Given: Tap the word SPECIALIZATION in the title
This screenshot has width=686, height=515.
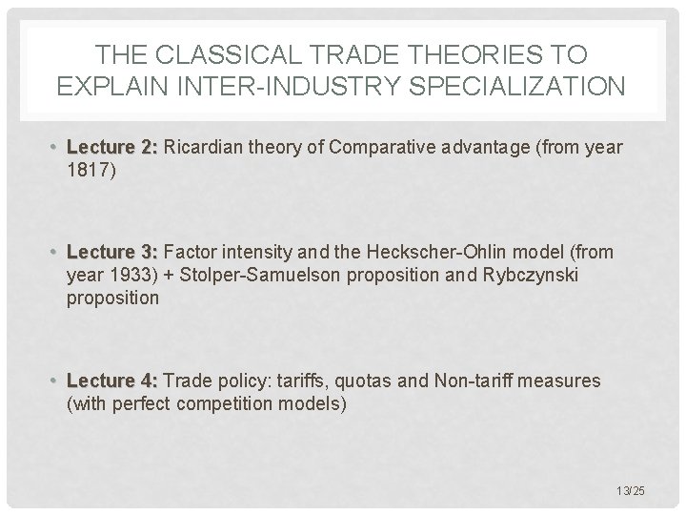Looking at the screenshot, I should point(507,87).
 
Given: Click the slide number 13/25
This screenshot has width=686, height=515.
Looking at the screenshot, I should point(631,490).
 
